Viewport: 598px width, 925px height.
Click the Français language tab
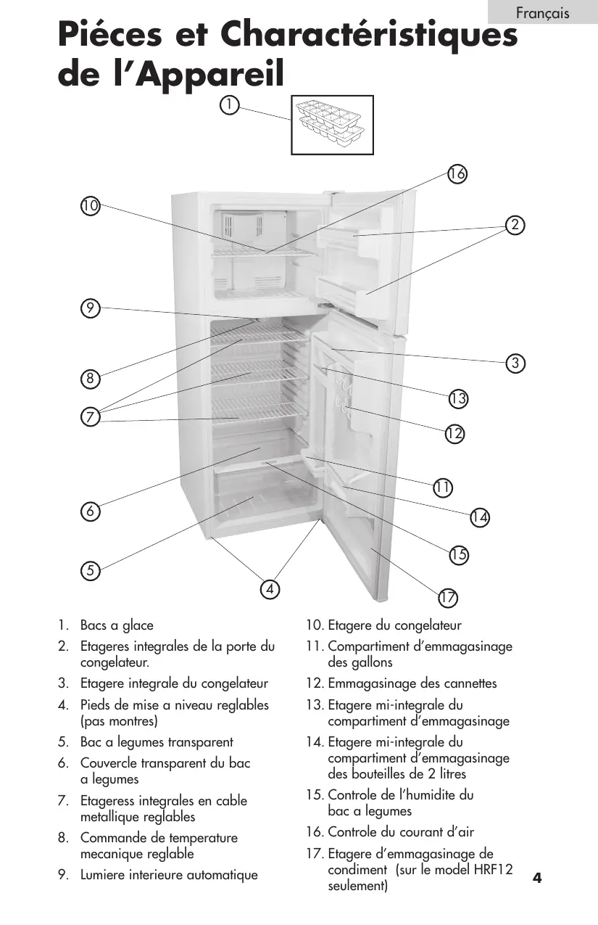[x=542, y=13]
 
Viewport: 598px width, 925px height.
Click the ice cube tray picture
[x=332, y=125]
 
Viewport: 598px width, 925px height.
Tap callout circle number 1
[x=229, y=105]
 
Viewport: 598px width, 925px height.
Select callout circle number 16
[x=457, y=174]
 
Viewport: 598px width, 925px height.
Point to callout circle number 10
[x=90, y=206]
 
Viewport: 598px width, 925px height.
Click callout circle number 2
[x=515, y=225]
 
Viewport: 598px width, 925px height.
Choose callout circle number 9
[x=90, y=308]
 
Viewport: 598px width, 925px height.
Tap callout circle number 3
[x=515, y=363]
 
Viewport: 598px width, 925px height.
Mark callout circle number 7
[x=90, y=417]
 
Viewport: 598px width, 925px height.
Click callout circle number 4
[x=270, y=588]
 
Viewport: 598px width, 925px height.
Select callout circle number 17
[x=447, y=599]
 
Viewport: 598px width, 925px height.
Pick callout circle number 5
[x=90, y=570]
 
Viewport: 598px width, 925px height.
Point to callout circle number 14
[x=479, y=517]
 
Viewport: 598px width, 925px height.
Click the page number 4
[x=537, y=879]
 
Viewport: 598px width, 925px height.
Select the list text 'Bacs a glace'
[x=117, y=625]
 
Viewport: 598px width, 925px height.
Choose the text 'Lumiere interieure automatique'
[x=169, y=875]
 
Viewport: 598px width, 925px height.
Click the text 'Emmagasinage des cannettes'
[x=412, y=683]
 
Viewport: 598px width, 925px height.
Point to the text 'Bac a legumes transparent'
[x=157, y=742]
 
